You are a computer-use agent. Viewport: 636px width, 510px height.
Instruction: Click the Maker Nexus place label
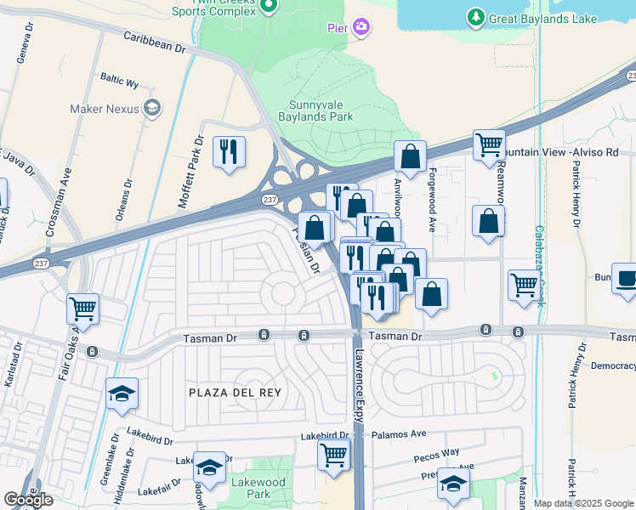pyautogui.click(x=105, y=108)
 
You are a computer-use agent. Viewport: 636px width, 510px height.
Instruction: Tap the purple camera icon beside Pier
pyautogui.click(x=361, y=28)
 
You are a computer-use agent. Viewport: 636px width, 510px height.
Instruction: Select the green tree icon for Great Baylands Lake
pyautogui.click(x=475, y=16)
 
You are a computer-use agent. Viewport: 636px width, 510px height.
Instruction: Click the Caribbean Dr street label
pyautogui.click(x=154, y=43)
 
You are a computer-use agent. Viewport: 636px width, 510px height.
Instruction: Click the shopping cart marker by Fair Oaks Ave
pyautogui.click(x=82, y=309)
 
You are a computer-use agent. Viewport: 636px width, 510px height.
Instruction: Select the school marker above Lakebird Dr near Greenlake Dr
pyautogui.click(x=122, y=394)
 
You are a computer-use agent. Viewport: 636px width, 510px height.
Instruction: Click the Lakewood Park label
pyautogui.click(x=251, y=488)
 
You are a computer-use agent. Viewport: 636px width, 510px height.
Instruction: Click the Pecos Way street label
pyautogui.click(x=436, y=456)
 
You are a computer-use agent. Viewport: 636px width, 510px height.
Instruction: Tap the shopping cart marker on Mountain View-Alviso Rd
pyautogui.click(x=489, y=145)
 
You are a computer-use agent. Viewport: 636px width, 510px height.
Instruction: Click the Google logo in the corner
pyautogui.click(x=29, y=500)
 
